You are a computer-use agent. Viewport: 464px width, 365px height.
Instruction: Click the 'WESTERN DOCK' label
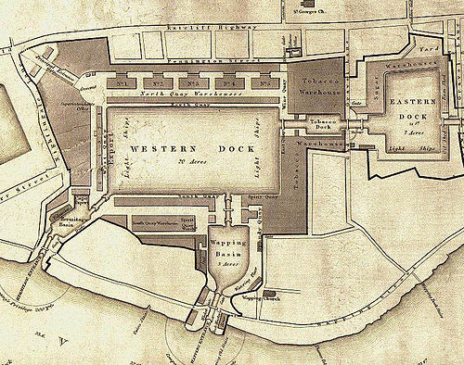point(161,149)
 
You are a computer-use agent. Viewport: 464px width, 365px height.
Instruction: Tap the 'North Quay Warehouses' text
point(193,95)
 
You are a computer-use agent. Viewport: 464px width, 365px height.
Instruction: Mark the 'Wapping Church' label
point(254,298)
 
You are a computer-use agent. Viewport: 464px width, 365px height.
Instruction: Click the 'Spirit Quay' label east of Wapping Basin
point(260,197)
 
